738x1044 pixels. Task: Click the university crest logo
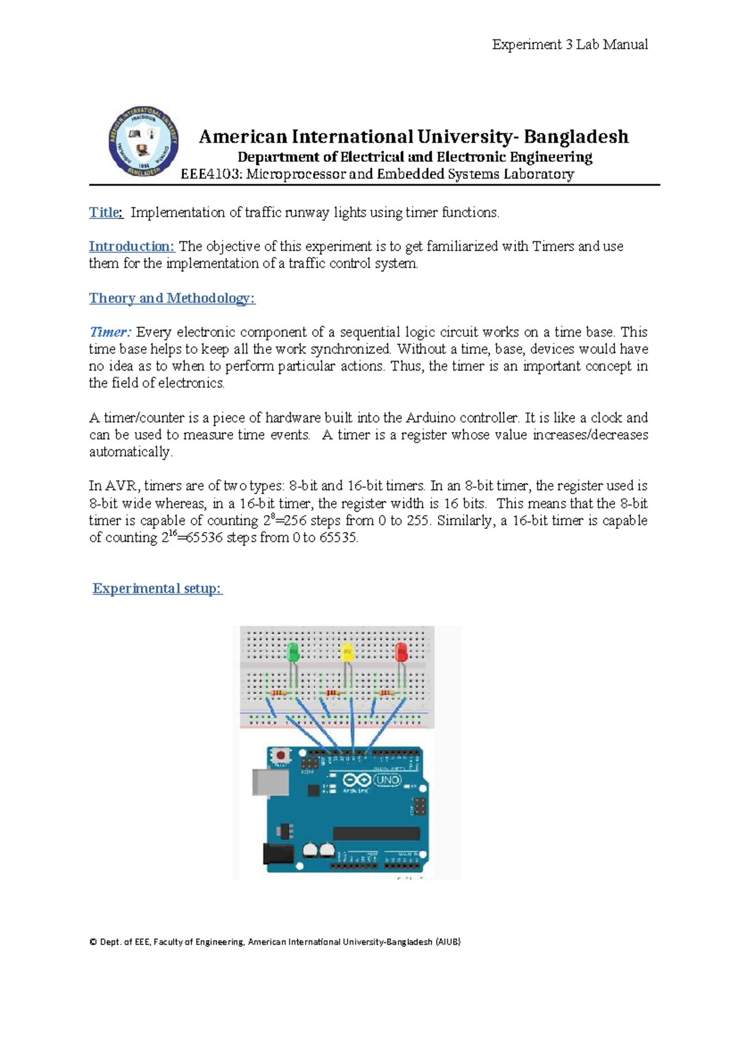coord(143,142)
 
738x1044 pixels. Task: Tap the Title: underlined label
coord(106,212)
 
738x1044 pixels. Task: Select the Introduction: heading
coord(132,246)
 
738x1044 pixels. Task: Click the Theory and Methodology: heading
coord(172,298)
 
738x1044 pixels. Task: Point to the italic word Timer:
coord(110,332)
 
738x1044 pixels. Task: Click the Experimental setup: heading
coord(157,588)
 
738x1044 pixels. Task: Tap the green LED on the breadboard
coord(293,652)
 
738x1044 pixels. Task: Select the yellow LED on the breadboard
coord(347,652)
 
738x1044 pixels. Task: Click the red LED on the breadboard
coord(402,652)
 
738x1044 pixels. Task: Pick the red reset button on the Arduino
coord(281,755)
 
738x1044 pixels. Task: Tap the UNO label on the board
coord(387,780)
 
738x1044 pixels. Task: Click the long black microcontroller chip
coord(376,833)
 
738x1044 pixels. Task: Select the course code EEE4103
coord(211,174)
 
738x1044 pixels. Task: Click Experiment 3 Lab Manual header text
coord(569,44)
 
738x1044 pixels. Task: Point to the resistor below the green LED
coord(279,693)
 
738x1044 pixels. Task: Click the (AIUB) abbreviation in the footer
coord(448,942)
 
